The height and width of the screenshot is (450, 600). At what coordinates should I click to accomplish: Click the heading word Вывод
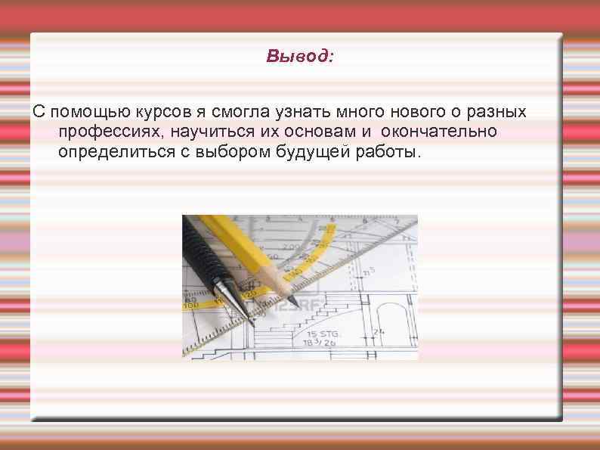click(299, 57)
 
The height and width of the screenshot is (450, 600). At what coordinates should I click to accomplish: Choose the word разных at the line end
click(497, 113)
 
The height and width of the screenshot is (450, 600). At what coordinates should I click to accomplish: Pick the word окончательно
click(438, 132)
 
